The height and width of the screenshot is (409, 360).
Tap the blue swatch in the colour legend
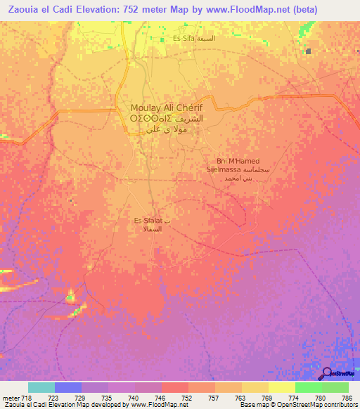click(x=68, y=387)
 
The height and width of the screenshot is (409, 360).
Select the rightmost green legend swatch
click(x=335, y=387)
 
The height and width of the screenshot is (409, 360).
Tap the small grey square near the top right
click(x=308, y=51)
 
